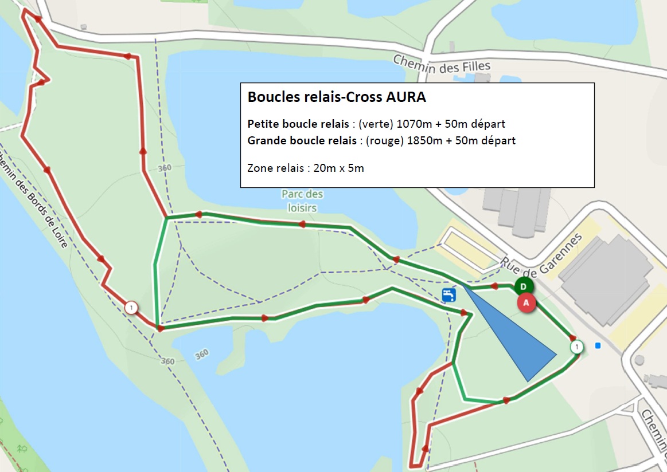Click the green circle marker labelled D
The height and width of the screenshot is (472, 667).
[x=524, y=286]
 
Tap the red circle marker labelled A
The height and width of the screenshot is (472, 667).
[x=526, y=303]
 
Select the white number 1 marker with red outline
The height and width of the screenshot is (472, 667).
[x=131, y=308]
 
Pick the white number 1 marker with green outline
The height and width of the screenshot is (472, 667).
[x=577, y=347]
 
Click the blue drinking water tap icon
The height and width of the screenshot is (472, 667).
[x=449, y=295]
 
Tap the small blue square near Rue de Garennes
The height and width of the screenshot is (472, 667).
[x=598, y=345]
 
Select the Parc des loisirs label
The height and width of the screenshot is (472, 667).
[x=302, y=201]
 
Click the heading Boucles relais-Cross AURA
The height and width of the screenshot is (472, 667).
[x=337, y=97]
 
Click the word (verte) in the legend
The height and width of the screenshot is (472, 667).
[x=376, y=124]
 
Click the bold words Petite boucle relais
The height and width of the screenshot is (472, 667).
[x=299, y=124]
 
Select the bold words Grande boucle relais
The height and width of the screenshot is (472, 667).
[x=302, y=140]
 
